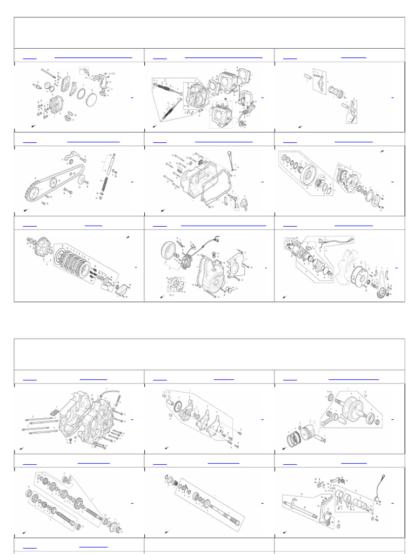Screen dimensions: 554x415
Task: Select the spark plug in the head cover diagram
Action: pyautogui.click(x=38, y=85)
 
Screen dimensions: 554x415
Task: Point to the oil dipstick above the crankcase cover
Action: pyautogui.click(x=231, y=162)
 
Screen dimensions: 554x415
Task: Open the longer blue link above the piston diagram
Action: pyautogui.click(x=353, y=379)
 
